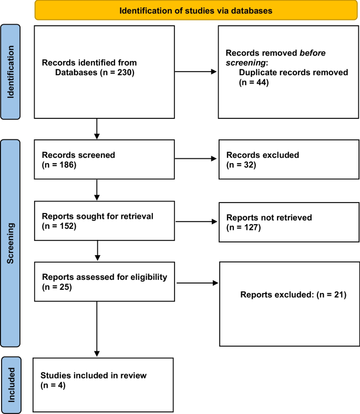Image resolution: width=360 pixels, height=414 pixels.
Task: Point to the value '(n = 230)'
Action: point(118,72)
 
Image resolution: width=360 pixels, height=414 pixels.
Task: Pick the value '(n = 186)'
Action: point(59,165)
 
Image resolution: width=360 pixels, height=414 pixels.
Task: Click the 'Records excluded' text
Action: point(262,156)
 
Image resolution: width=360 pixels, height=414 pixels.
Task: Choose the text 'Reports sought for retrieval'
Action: point(90,217)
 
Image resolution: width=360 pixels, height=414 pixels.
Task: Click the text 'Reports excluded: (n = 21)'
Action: point(293,295)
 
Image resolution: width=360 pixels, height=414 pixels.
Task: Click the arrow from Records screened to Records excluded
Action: point(196,159)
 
